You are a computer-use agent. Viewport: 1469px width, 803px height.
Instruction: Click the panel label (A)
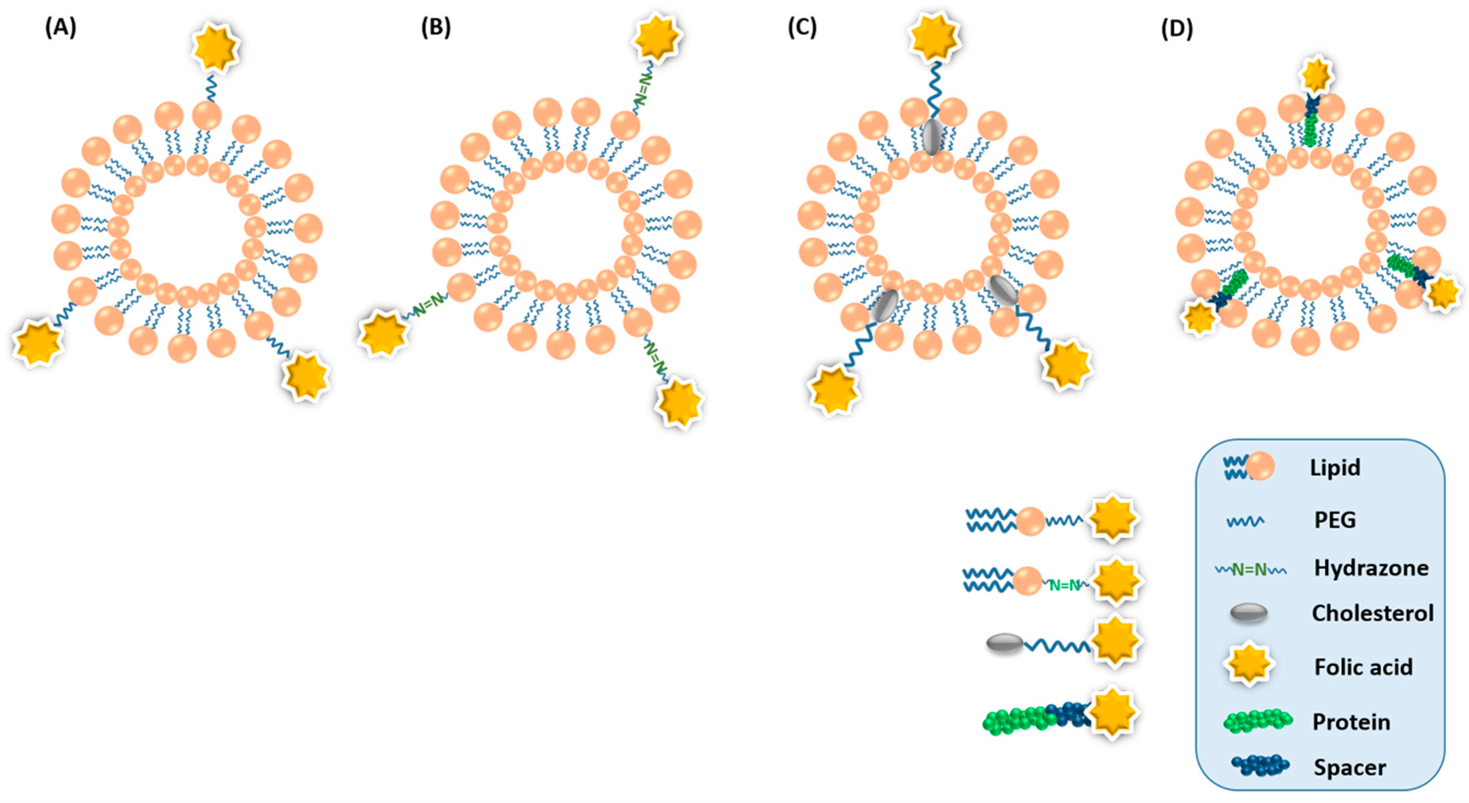[x=61, y=27]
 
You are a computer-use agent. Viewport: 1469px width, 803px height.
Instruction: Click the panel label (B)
[x=436, y=27]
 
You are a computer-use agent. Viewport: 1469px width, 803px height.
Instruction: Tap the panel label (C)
[x=802, y=27]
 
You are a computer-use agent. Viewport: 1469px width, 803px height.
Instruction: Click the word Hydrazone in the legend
[x=1371, y=568]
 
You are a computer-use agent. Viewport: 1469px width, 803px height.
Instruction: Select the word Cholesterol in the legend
[x=1372, y=613]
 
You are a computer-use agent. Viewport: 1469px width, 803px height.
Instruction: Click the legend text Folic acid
[x=1363, y=667]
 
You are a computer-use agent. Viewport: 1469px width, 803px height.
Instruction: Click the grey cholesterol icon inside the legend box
[x=1249, y=614]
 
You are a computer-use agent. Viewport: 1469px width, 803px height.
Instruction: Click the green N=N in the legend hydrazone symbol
[x=1249, y=569]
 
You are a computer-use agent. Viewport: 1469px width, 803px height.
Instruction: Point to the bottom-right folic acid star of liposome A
[x=306, y=376]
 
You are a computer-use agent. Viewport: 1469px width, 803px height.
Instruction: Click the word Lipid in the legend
[x=1335, y=468]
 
